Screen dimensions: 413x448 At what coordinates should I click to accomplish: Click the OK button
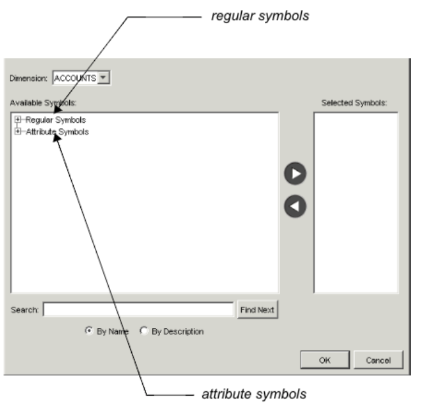tap(325, 360)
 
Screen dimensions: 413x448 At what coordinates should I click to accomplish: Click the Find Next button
tap(257, 309)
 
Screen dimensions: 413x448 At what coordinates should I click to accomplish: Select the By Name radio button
tap(88, 331)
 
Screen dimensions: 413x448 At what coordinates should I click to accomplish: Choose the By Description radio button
tap(144, 331)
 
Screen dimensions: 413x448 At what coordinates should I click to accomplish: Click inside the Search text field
tap(138, 309)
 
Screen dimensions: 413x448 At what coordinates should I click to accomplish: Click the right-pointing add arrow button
tap(294, 174)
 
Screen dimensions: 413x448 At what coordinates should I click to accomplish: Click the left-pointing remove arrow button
tap(294, 206)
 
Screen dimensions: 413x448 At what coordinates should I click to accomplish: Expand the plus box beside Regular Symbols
tap(18, 120)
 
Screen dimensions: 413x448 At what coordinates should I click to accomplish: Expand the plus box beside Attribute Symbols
tap(18, 131)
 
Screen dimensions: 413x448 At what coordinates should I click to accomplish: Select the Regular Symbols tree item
tap(55, 120)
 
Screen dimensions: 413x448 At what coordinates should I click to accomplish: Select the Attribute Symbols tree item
tap(57, 131)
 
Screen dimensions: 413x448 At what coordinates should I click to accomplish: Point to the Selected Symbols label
tap(354, 103)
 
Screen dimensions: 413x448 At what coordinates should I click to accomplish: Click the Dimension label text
tap(28, 79)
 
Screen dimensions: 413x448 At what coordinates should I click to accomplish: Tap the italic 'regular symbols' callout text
tap(259, 16)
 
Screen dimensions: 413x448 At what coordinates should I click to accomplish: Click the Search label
tap(25, 309)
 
